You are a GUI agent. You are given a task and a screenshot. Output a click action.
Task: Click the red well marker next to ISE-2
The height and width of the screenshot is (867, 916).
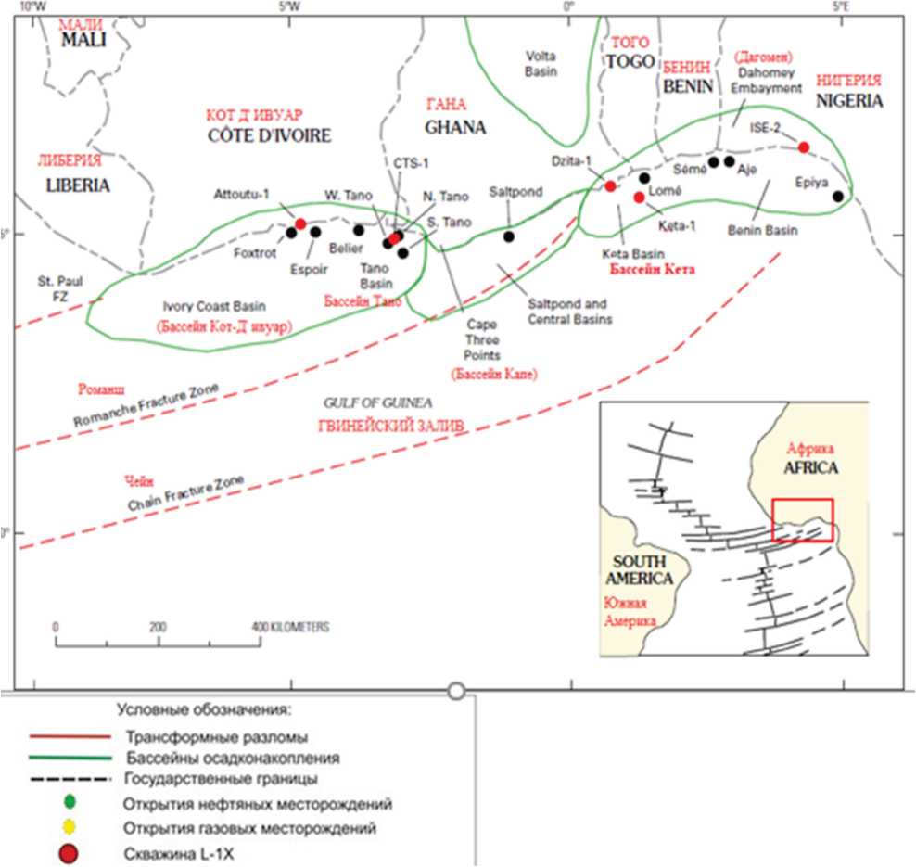pyautogui.click(x=804, y=147)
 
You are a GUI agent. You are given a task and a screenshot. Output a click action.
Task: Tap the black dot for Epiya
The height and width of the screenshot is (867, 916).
pyautogui.click(x=838, y=196)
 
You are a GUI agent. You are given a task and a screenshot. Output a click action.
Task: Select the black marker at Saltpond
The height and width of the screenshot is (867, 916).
pyautogui.click(x=509, y=236)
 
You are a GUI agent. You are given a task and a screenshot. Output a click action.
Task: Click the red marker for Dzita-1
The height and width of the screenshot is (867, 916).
pyautogui.click(x=610, y=186)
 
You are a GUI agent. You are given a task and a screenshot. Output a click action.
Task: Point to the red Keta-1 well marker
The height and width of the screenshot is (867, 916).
pyautogui.click(x=638, y=198)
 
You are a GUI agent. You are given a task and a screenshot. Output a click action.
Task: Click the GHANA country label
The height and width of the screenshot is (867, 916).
pyautogui.click(x=455, y=127)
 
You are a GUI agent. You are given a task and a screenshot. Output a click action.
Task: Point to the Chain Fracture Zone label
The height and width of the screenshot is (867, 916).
pyautogui.click(x=185, y=494)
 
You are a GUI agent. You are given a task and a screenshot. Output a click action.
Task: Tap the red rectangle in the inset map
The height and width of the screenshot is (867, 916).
pyautogui.click(x=802, y=519)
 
